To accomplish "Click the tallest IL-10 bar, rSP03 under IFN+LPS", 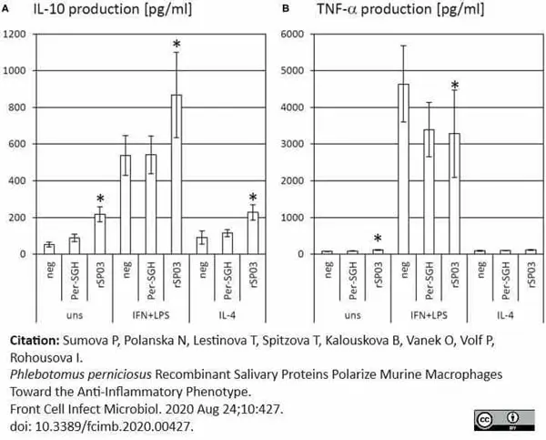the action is click(177, 174).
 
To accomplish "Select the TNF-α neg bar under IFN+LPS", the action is click(403, 169).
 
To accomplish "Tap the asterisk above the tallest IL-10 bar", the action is click(177, 45).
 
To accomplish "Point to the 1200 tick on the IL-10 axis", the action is click(15, 35).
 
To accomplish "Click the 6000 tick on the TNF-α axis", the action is click(292, 35).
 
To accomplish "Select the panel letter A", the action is click(5, 9).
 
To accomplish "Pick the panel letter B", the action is click(286, 9).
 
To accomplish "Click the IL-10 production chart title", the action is click(113, 9).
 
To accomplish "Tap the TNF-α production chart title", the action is click(400, 9).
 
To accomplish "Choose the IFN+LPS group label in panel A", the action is click(151, 315).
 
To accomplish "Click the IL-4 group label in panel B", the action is click(505, 315).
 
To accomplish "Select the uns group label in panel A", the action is click(75, 316).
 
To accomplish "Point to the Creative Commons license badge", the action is click(504, 420).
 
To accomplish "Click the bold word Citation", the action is click(35, 341).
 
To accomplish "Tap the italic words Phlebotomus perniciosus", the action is click(81, 374).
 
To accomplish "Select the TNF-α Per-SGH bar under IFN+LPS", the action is click(429, 191).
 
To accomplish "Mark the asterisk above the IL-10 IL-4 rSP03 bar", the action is click(253, 198).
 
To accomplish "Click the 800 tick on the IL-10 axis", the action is click(16, 107).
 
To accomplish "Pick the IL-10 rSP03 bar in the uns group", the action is click(100, 234).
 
